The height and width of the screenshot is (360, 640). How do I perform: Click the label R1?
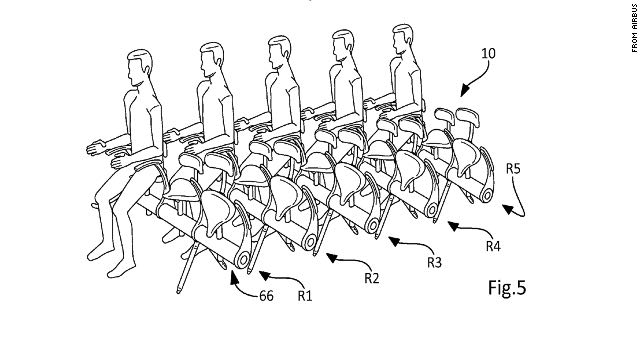click(x=304, y=296)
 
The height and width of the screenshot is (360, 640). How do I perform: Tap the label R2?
click(x=371, y=278)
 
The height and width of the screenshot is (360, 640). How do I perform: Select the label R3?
click(x=434, y=262)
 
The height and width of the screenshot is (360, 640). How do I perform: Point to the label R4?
click(x=493, y=246)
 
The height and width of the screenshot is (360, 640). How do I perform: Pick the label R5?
click(x=513, y=169)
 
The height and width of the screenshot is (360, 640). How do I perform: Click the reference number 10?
click(x=488, y=53)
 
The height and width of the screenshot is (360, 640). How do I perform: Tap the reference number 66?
click(x=266, y=296)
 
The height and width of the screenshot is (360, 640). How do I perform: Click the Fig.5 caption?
click(x=507, y=287)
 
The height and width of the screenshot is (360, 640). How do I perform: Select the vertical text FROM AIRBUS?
click(x=634, y=28)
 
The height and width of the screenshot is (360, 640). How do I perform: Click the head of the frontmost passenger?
click(x=140, y=66)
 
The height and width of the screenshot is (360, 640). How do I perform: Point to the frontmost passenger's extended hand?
click(x=96, y=147)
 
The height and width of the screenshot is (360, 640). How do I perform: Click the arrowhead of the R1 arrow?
click(x=264, y=276)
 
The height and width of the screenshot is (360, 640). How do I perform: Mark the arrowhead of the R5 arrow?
click(x=508, y=209)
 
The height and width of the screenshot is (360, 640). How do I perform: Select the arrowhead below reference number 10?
click(x=464, y=91)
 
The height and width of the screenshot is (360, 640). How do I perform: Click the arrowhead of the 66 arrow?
click(x=234, y=277)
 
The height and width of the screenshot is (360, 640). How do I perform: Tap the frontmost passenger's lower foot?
click(x=121, y=268)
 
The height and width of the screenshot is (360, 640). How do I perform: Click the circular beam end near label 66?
click(x=244, y=259)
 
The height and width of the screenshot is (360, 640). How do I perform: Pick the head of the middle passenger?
click(x=279, y=52)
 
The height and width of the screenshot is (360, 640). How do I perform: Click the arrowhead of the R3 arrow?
click(x=393, y=241)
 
